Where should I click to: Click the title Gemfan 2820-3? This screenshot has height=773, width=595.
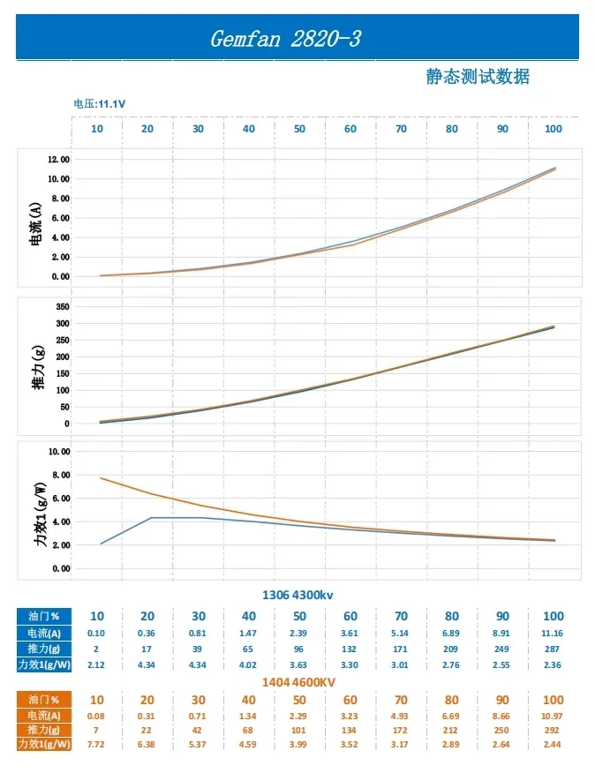click(x=285, y=40)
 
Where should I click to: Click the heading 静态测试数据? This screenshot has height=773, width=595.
click(x=478, y=77)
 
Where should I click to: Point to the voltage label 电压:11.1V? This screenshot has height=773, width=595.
click(x=99, y=104)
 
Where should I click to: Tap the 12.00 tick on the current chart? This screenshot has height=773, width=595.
click(x=59, y=160)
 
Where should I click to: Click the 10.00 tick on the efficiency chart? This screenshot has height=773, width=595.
click(x=59, y=451)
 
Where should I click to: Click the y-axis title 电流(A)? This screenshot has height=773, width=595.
click(x=36, y=223)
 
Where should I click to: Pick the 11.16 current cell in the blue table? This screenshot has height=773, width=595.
click(x=553, y=633)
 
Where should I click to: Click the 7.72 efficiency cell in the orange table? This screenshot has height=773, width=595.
click(x=97, y=746)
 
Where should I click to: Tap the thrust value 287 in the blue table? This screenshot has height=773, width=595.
click(x=553, y=649)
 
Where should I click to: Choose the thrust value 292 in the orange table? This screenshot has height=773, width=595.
click(x=553, y=731)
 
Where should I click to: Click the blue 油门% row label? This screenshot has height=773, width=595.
click(x=42, y=616)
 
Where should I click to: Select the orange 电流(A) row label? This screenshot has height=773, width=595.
click(x=42, y=715)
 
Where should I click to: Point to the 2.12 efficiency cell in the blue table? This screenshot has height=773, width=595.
click(x=97, y=664)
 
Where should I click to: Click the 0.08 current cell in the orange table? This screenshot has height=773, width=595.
click(x=97, y=715)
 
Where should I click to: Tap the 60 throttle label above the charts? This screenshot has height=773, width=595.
click(x=350, y=129)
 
